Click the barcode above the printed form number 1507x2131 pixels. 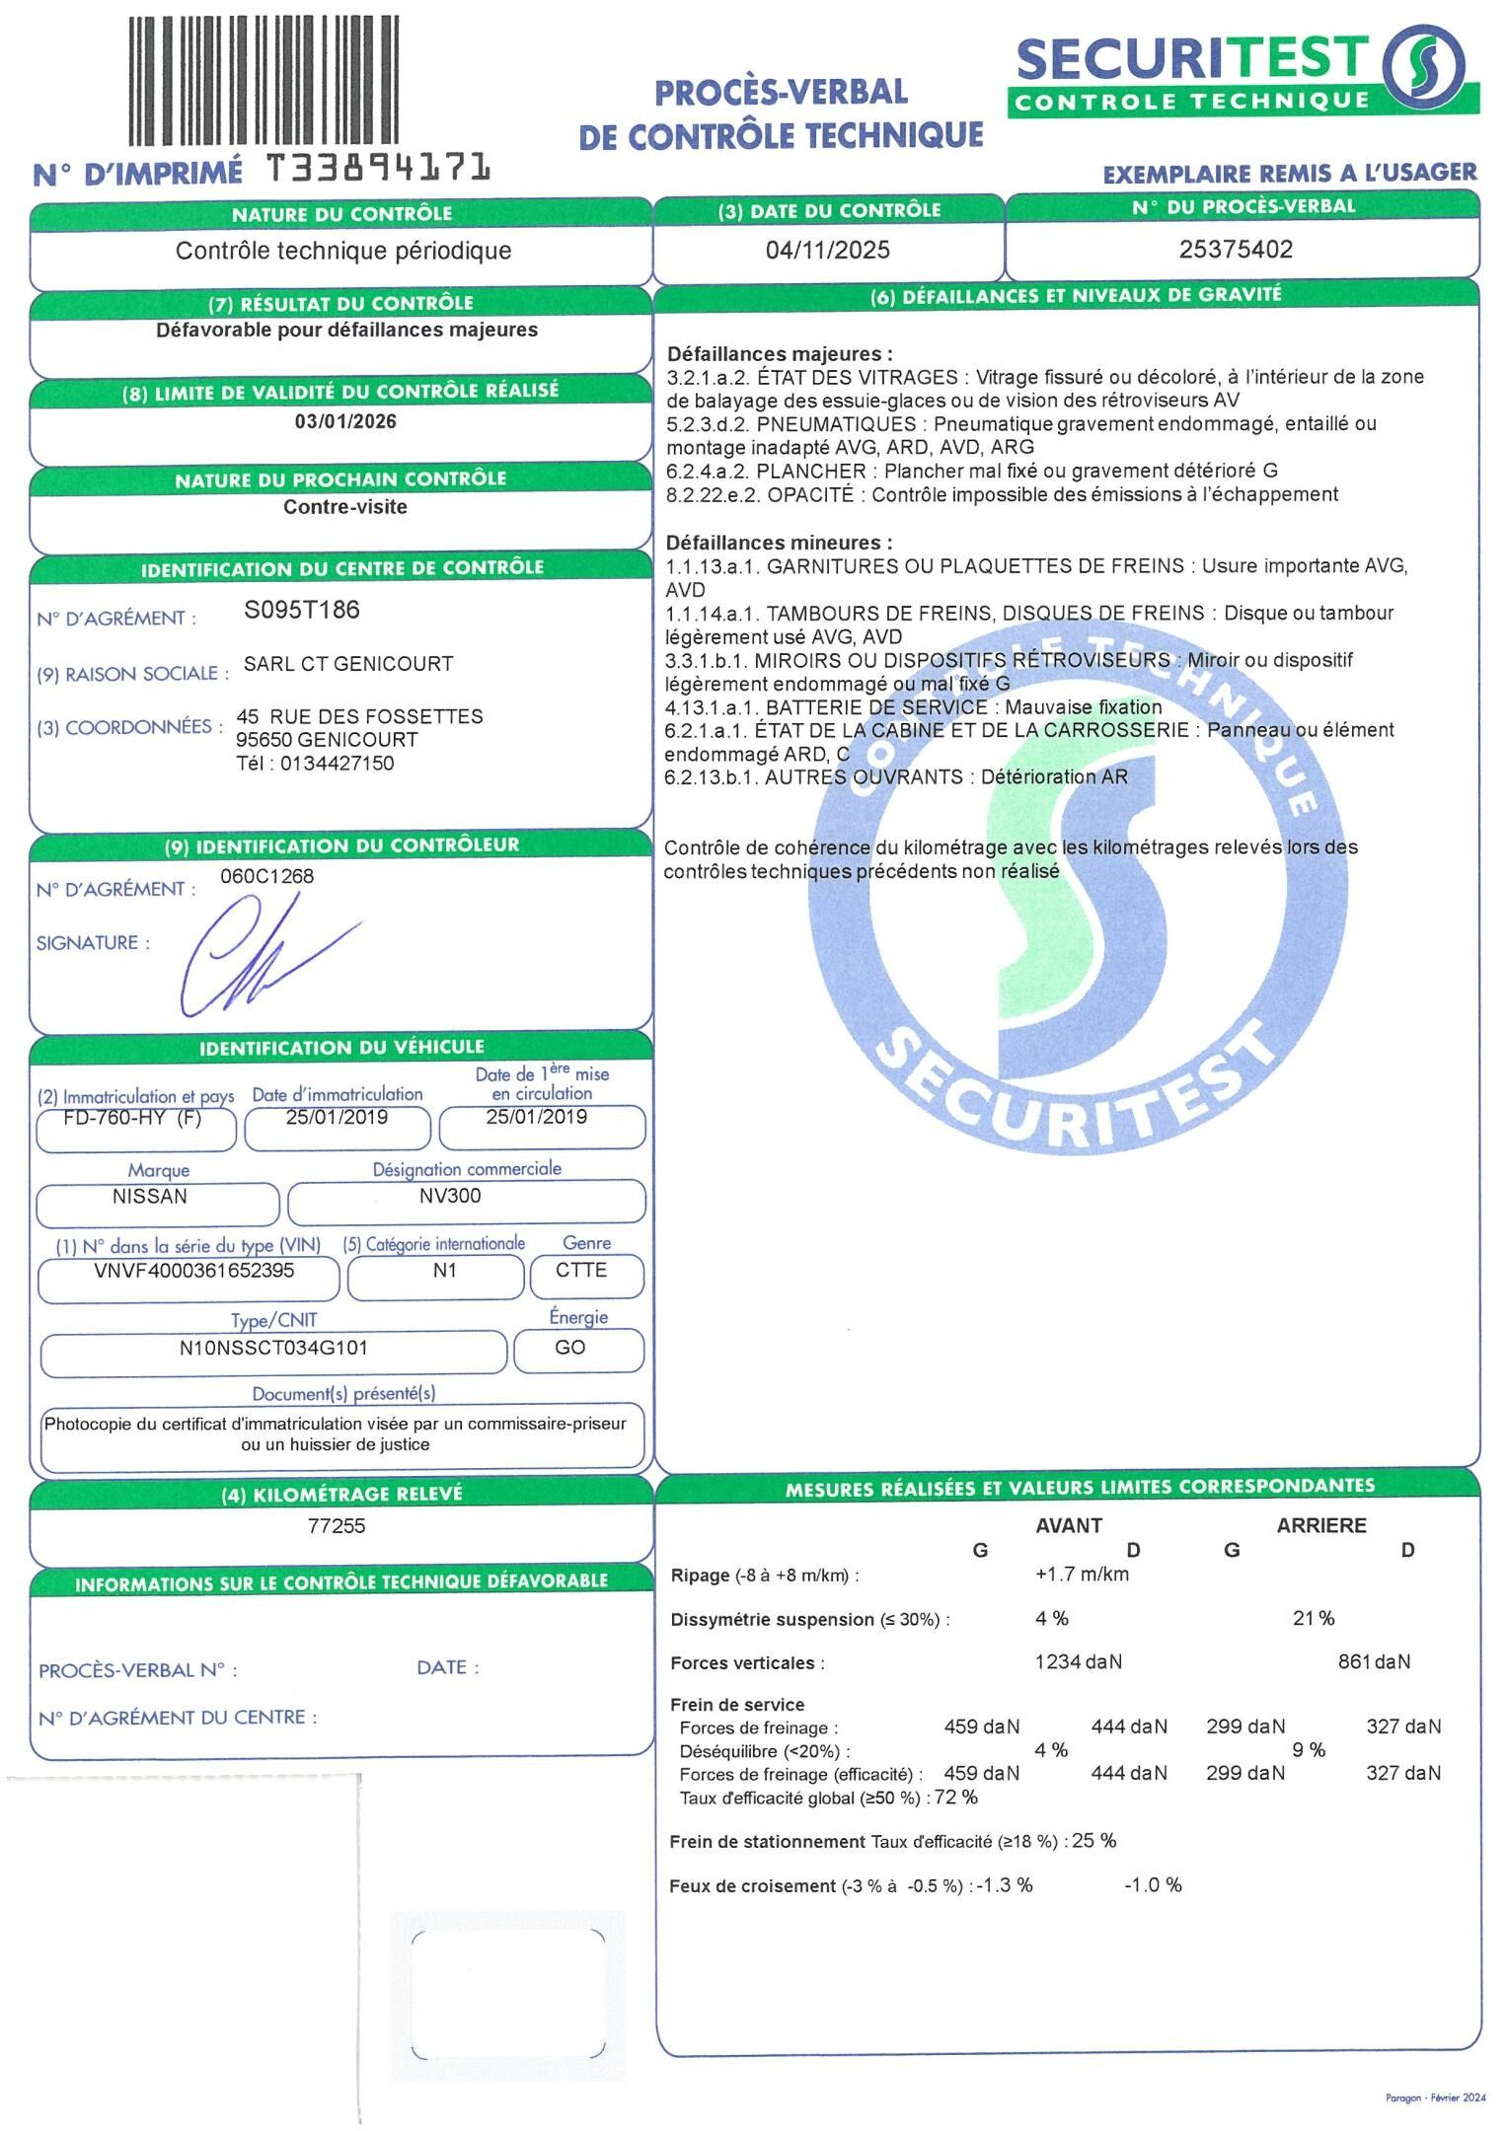coord(264,82)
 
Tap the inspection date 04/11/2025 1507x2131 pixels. coord(827,250)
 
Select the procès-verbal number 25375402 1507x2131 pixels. coord(1236,249)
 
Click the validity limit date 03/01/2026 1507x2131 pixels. coord(345,421)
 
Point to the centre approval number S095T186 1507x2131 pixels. coord(302,610)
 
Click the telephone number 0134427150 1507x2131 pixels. coord(337,764)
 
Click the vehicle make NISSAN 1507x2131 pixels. coord(150,1197)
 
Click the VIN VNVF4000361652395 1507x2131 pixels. coord(193,1271)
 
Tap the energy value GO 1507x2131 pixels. coord(570,1348)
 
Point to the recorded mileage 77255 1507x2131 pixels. coord(337,1526)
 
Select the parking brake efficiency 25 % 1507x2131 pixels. coord(1094,1841)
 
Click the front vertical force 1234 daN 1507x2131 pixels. coord(1078,1662)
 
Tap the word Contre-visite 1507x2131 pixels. coord(345,507)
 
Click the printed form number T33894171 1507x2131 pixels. coord(380,169)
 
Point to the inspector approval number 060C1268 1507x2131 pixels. coord(266,876)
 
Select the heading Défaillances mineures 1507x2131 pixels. coord(779,543)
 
